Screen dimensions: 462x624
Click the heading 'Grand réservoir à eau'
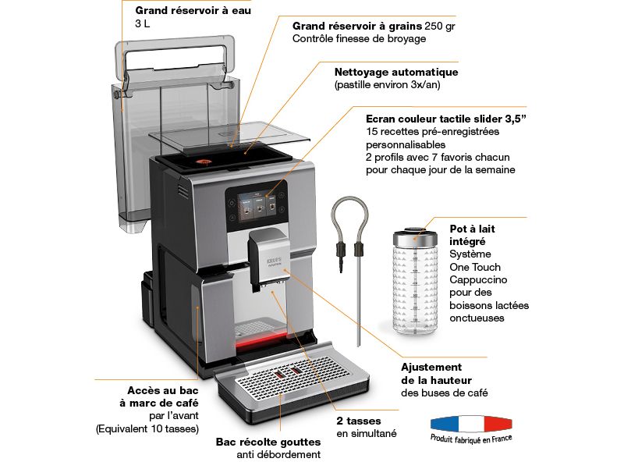click(188, 11)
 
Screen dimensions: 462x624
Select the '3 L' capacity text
click(142, 24)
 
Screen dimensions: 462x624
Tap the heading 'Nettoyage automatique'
click(395, 72)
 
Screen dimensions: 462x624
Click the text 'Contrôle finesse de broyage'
click(359, 38)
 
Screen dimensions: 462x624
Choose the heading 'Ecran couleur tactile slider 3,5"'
click(446, 119)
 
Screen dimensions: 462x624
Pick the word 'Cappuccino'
click(478, 279)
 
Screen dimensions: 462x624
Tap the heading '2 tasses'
click(359, 421)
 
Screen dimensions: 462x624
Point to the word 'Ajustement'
click(431, 366)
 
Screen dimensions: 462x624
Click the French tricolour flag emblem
click(470, 424)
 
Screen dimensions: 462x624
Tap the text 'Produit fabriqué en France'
click(470, 439)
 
